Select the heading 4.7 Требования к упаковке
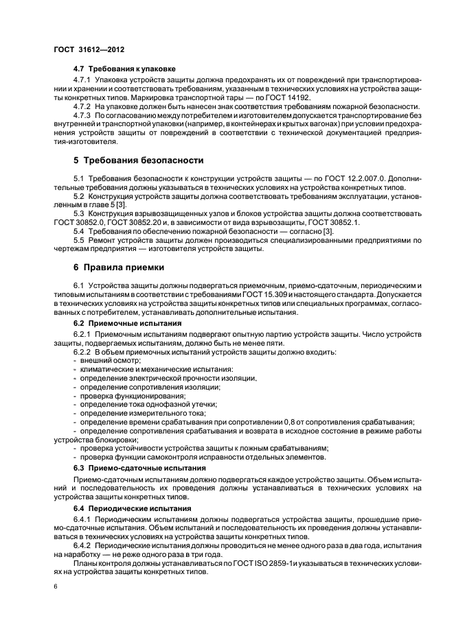click(x=124, y=69)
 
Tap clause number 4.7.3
click(x=85, y=116)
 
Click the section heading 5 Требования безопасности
click(x=138, y=160)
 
